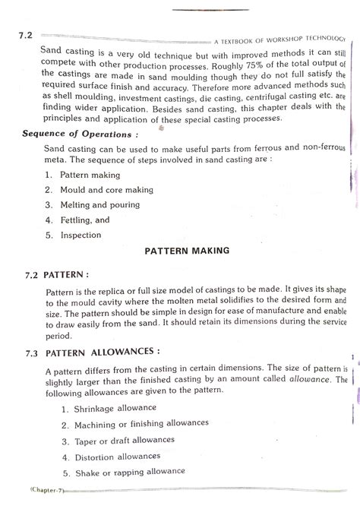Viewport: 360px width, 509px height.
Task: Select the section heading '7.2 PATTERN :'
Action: coord(52,270)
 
